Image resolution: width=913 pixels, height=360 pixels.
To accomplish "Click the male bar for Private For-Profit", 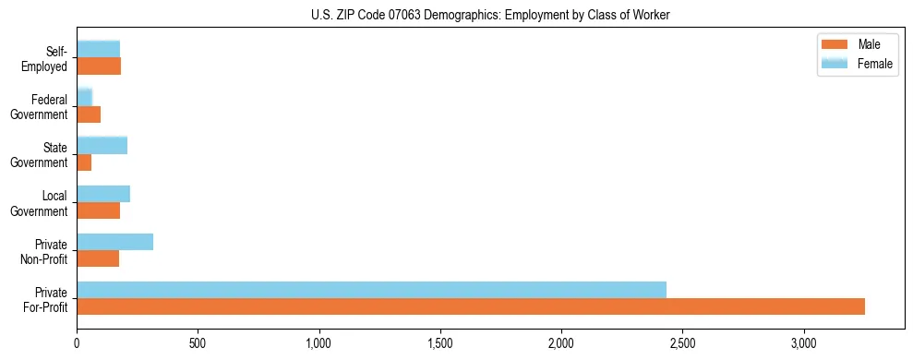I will [x=471, y=306].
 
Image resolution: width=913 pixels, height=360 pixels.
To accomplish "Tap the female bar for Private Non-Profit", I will [x=114, y=242].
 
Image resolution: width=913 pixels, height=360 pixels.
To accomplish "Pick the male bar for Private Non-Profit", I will [x=98, y=258].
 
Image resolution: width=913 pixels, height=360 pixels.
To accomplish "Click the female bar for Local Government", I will [x=103, y=194].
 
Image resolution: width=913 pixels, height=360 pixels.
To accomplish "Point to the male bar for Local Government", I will [x=98, y=210].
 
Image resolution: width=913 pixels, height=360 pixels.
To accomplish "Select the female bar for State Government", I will [x=102, y=145].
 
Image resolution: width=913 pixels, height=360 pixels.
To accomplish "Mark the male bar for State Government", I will [x=84, y=162].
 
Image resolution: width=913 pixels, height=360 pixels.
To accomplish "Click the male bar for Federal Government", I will [x=89, y=114].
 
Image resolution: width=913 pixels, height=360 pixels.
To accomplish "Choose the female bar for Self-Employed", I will [x=98, y=49].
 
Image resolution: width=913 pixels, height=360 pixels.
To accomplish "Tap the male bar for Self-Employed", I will [x=99, y=66].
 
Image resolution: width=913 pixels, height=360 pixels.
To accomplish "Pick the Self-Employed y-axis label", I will [x=50, y=58].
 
